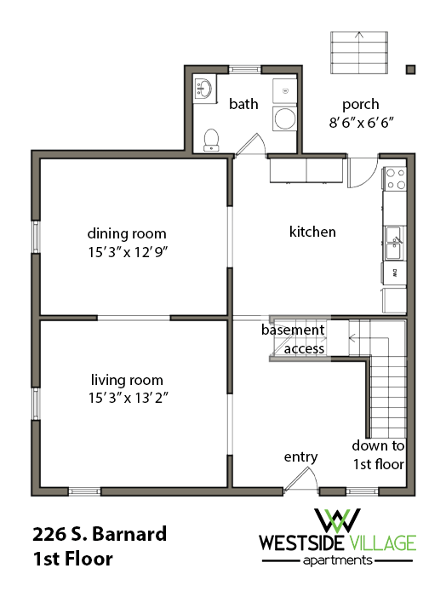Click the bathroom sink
tap(203, 89)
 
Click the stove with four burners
tap(396, 178)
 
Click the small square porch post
tap(411, 69)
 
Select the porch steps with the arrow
tap(358, 53)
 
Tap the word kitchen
tap(312, 232)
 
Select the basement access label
tap(294, 339)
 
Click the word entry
tap(300, 457)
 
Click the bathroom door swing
tap(249, 143)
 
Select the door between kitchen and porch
tap(362, 174)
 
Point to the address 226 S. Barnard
tap(100, 535)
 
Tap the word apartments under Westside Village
tap(338, 560)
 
